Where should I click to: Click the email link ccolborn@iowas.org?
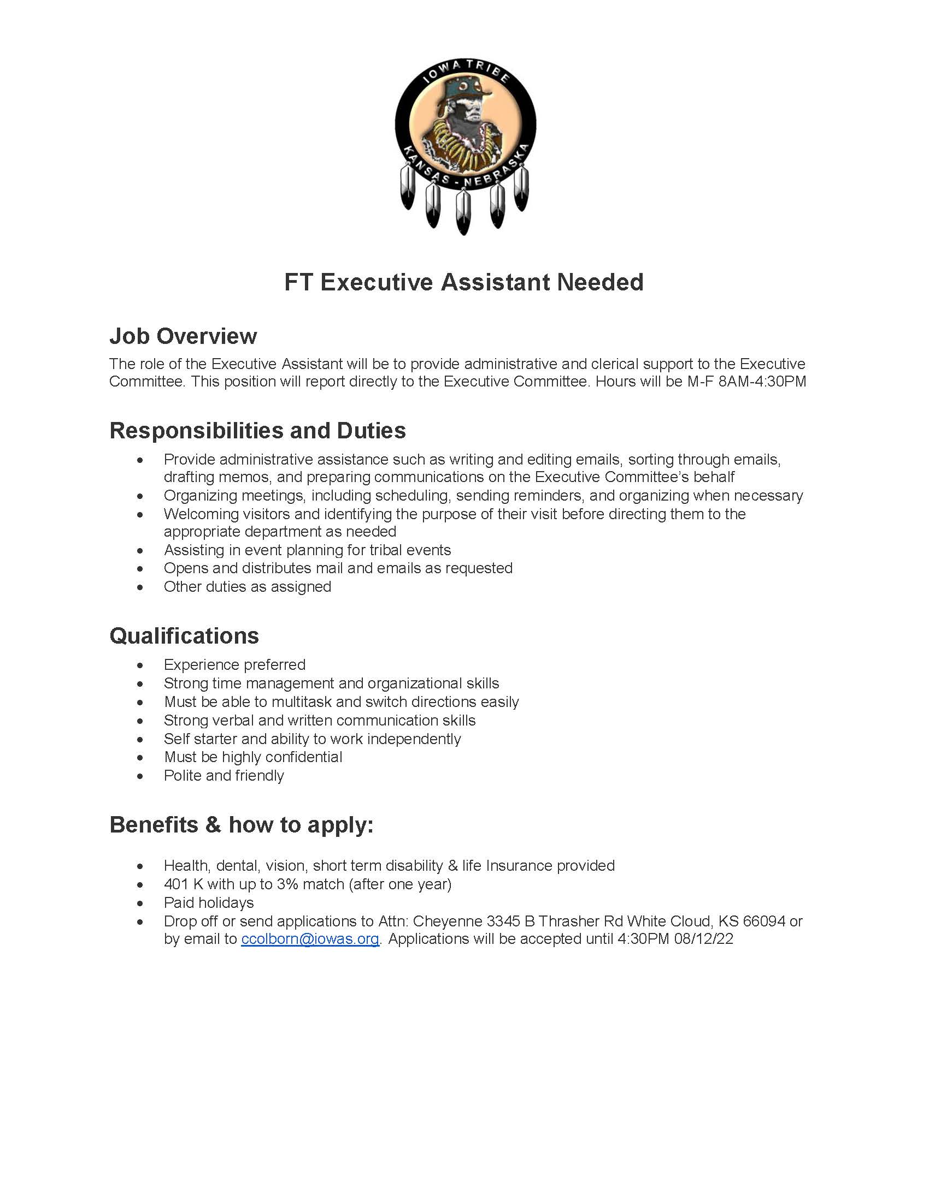pyautogui.click(x=310, y=939)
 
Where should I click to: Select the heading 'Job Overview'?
pyautogui.click(x=183, y=336)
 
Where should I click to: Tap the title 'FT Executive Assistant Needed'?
pyautogui.click(x=464, y=282)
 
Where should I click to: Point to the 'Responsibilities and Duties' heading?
pyautogui.click(x=257, y=431)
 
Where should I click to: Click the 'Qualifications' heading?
pyautogui.click(x=184, y=635)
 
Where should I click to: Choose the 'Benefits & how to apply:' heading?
pyautogui.click(x=241, y=825)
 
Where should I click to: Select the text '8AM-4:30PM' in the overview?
pyautogui.click(x=762, y=381)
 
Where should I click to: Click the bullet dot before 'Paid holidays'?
pyautogui.click(x=141, y=903)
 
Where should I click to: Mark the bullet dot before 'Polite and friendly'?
pyautogui.click(x=141, y=776)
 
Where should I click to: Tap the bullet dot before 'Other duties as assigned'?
pyautogui.click(x=141, y=587)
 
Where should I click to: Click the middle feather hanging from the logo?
pyautogui.click(x=463, y=212)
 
